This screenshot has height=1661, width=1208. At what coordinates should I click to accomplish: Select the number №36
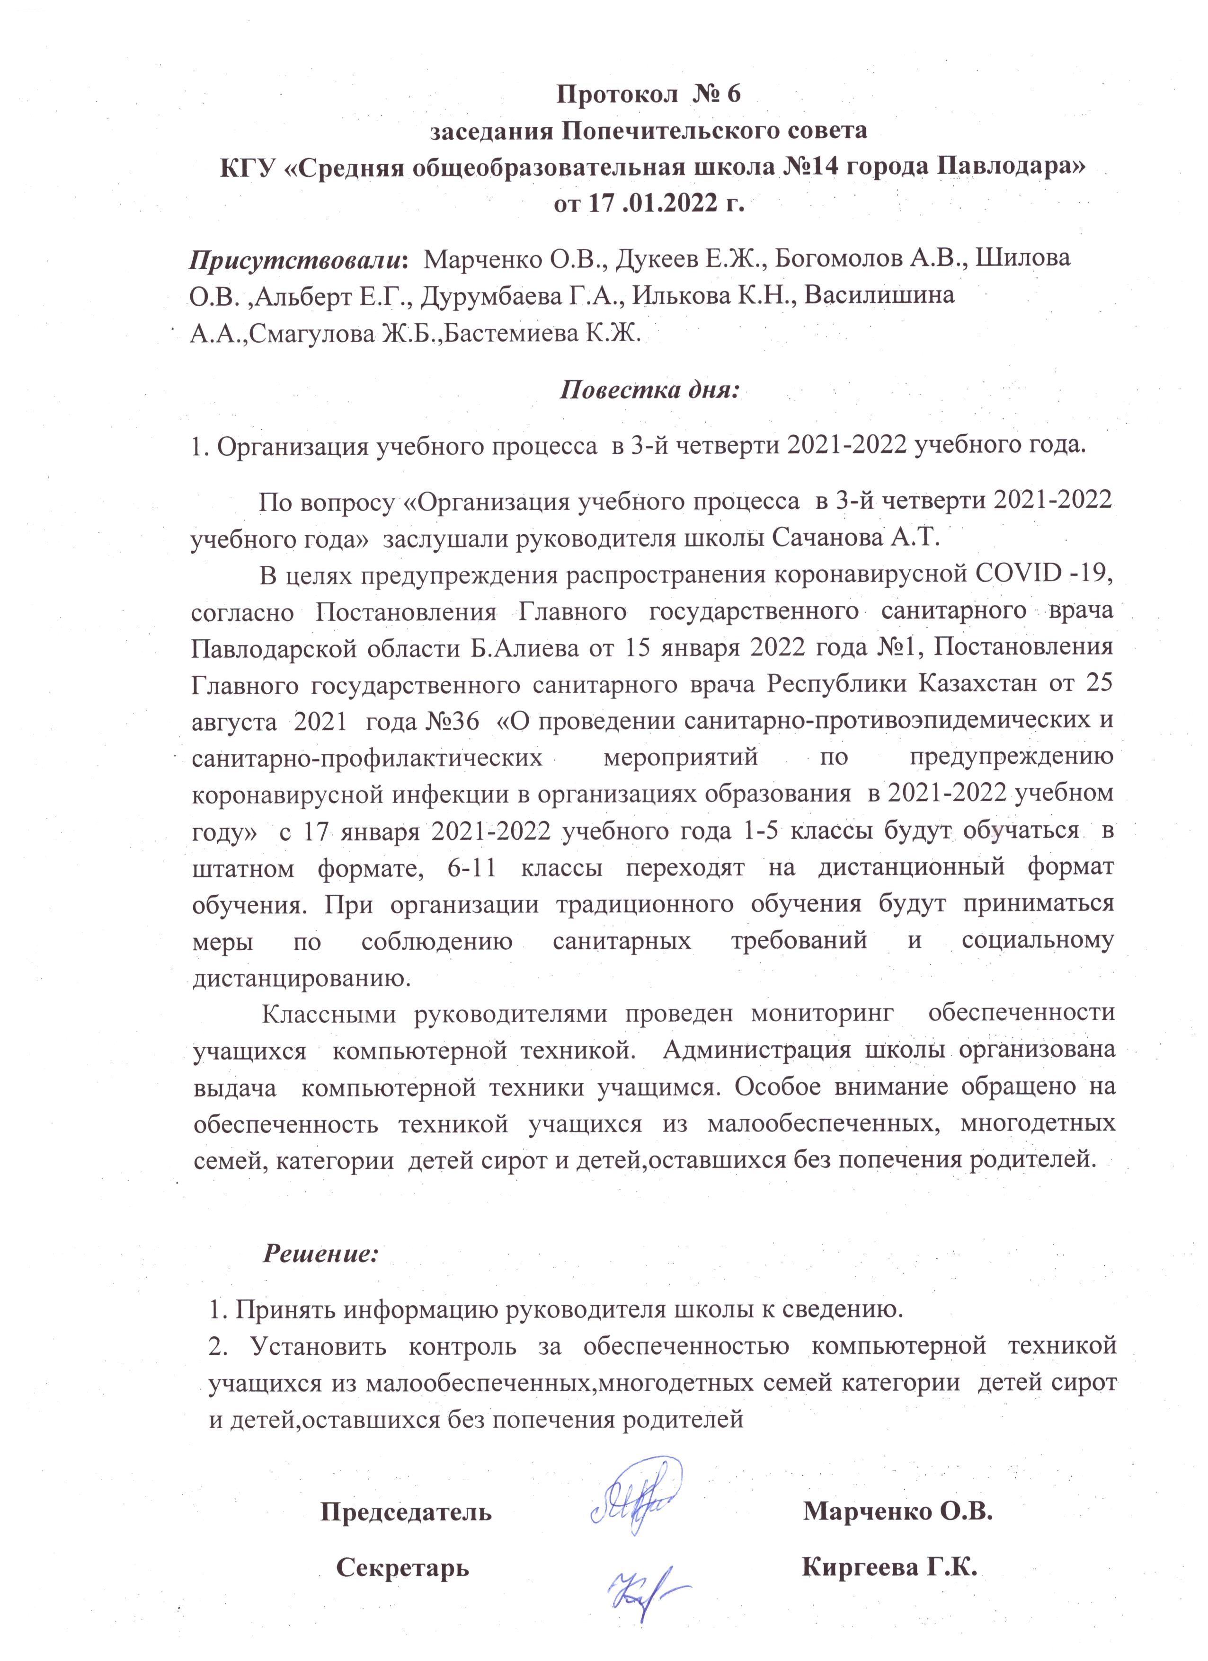pos(452,721)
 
